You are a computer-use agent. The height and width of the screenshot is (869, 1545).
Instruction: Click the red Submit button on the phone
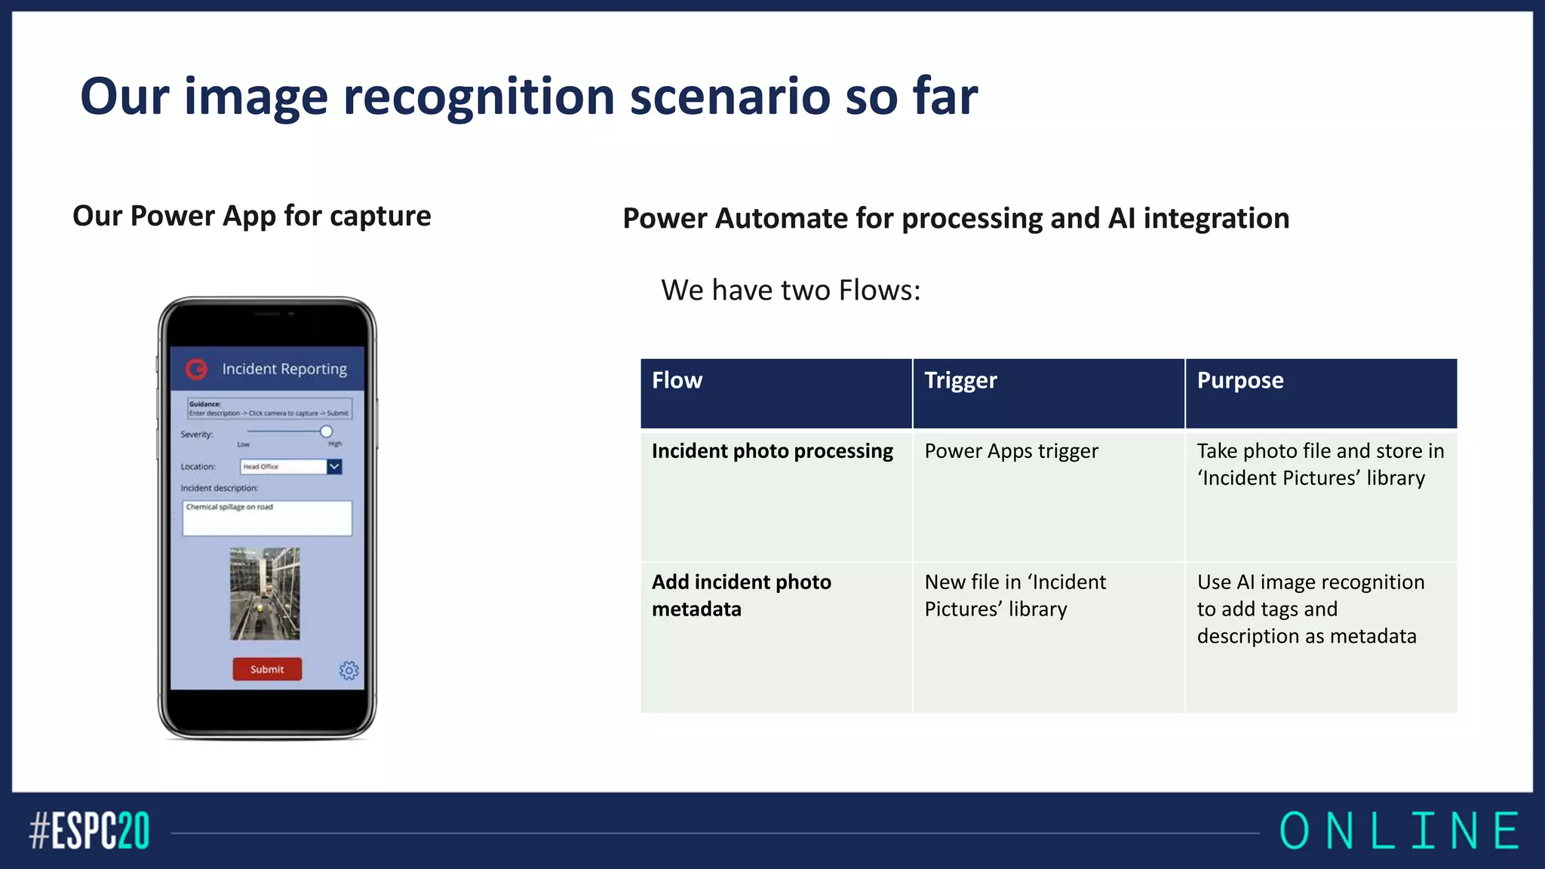point(267,669)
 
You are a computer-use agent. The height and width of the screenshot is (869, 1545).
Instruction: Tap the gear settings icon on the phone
point(349,670)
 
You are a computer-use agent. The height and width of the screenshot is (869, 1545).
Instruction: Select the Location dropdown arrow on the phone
point(334,466)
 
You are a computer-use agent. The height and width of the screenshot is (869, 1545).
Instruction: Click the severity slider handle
point(326,431)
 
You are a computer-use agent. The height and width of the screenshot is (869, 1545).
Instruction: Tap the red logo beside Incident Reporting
point(196,369)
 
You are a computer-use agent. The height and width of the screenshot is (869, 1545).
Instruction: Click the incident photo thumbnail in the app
point(265,594)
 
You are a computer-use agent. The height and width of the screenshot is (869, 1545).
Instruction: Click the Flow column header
point(677,380)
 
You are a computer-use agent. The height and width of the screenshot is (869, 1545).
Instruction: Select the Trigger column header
point(960,380)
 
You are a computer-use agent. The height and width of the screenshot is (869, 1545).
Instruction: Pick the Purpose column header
point(1239,380)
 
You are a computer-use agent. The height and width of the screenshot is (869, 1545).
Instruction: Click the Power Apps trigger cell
point(1011,451)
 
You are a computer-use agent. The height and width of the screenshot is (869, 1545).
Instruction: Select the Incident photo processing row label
point(772,451)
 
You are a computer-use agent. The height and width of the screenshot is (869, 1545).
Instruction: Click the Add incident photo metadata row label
point(741,595)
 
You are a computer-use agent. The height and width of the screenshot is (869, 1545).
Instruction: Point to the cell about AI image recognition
point(1310,609)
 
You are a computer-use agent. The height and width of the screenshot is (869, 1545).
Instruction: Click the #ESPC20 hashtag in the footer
point(89,831)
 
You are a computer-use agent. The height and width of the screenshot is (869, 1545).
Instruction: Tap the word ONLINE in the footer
point(1399,831)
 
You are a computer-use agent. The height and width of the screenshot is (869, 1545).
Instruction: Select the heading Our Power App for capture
point(251,216)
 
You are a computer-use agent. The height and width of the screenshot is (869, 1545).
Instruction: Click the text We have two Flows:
point(790,290)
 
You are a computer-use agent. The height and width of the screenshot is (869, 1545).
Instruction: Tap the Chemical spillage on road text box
point(267,517)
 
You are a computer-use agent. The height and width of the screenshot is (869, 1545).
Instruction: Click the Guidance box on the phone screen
point(269,408)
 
